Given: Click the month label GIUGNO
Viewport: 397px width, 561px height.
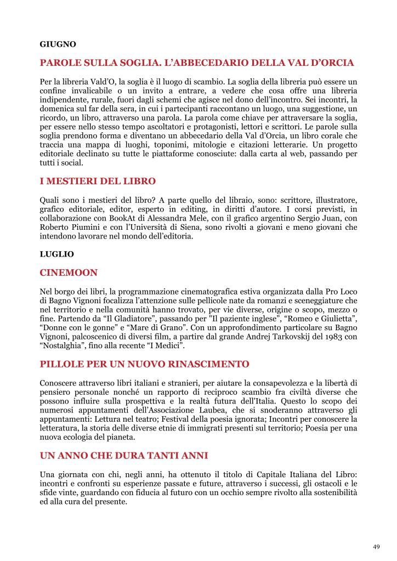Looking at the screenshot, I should click(x=58, y=43).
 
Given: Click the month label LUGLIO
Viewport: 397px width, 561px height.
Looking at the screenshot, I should click(x=56, y=254).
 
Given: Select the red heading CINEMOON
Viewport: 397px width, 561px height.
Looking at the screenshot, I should click(x=69, y=272).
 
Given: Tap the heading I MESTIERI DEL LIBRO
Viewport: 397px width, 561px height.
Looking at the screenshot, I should click(x=98, y=180).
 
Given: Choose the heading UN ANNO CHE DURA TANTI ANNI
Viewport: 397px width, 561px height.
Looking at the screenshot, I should click(x=124, y=456).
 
